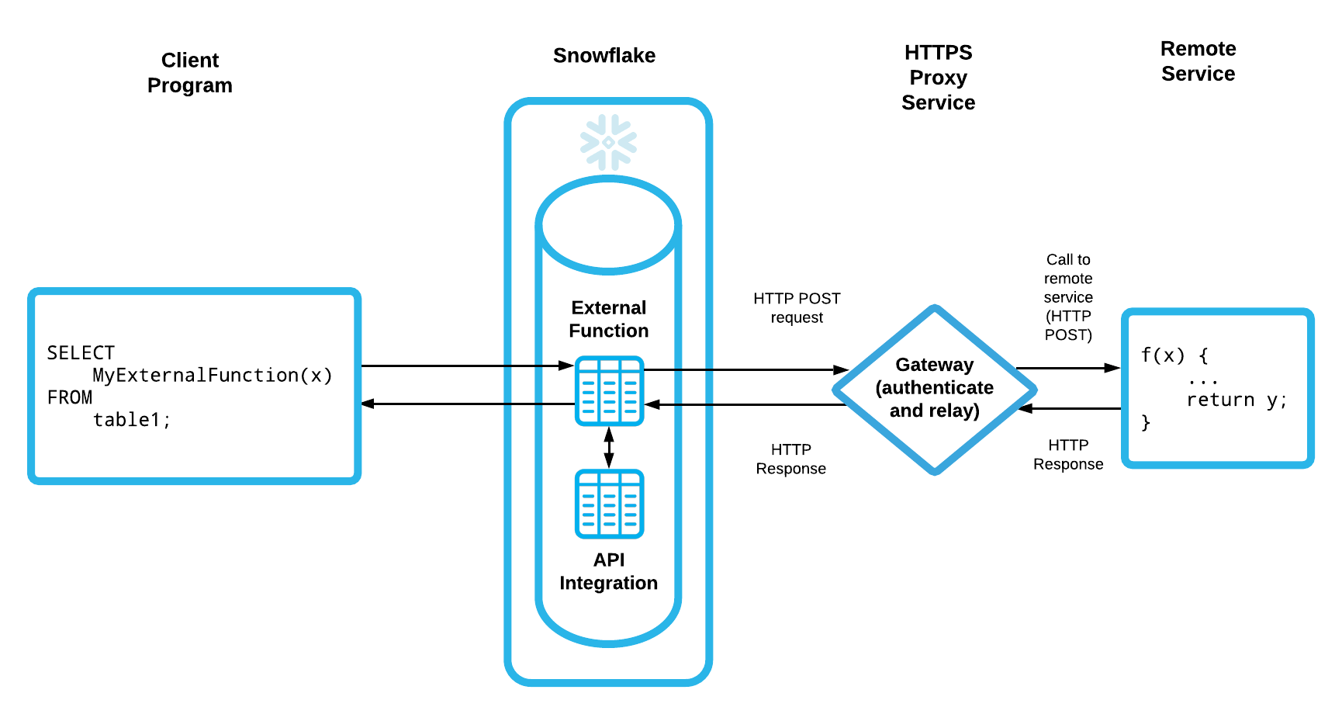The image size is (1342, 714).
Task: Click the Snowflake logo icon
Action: [x=608, y=142]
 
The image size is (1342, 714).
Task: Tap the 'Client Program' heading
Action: [x=190, y=72]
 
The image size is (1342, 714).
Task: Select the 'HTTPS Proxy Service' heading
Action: [x=938, y=78]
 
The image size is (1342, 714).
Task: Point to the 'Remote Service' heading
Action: [x=1198, y=61]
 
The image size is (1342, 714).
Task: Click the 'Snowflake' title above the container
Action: [x=604, y=56]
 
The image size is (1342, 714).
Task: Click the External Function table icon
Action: [x=609, y=390]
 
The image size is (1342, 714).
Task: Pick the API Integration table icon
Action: [x=609, y=504]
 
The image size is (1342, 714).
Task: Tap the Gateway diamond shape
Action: [x=934, y=387]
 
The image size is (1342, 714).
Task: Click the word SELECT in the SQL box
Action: [x=81, y=353]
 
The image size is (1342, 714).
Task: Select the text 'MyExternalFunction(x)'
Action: [x=213, y=376]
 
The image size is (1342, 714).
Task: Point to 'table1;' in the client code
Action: [x=131, y=420]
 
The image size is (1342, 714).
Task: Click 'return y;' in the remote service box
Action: [x=1237, y=400]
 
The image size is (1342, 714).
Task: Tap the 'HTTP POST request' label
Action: [x=797, y=308]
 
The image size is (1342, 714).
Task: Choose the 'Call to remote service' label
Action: [x=1068, y=296]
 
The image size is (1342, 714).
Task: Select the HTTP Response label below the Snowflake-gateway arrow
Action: [x=790, y=459]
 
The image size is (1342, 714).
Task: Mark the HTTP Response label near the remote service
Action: [x=1068, y=454]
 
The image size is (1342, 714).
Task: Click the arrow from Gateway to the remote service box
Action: [x=1067, y=368]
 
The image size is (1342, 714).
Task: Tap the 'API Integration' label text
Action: [x=609, y=571]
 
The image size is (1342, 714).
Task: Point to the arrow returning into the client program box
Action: [x=465, y=404]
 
